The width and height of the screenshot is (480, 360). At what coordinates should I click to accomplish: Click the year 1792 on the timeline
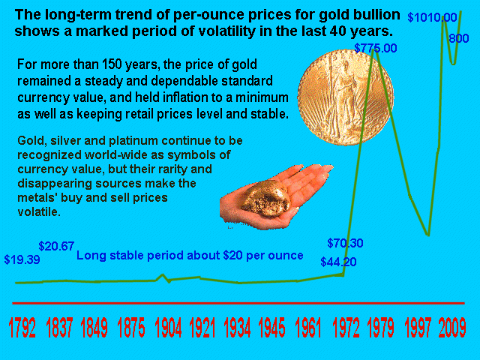[22, 328]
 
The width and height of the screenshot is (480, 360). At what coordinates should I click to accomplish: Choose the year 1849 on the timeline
[94, 328]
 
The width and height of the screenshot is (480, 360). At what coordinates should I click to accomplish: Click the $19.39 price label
[22, 259]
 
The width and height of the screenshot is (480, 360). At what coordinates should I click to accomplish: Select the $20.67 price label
[56, 246]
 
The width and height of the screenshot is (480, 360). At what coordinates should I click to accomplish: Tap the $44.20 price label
[338, 262]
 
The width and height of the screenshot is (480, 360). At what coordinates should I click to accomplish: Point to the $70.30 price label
[345, 243]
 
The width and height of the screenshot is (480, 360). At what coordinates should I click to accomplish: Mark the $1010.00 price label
[432, 17]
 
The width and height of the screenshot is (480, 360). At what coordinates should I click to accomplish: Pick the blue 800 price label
[458, 38]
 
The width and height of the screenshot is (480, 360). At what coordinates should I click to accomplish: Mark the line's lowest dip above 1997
[427, 235]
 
